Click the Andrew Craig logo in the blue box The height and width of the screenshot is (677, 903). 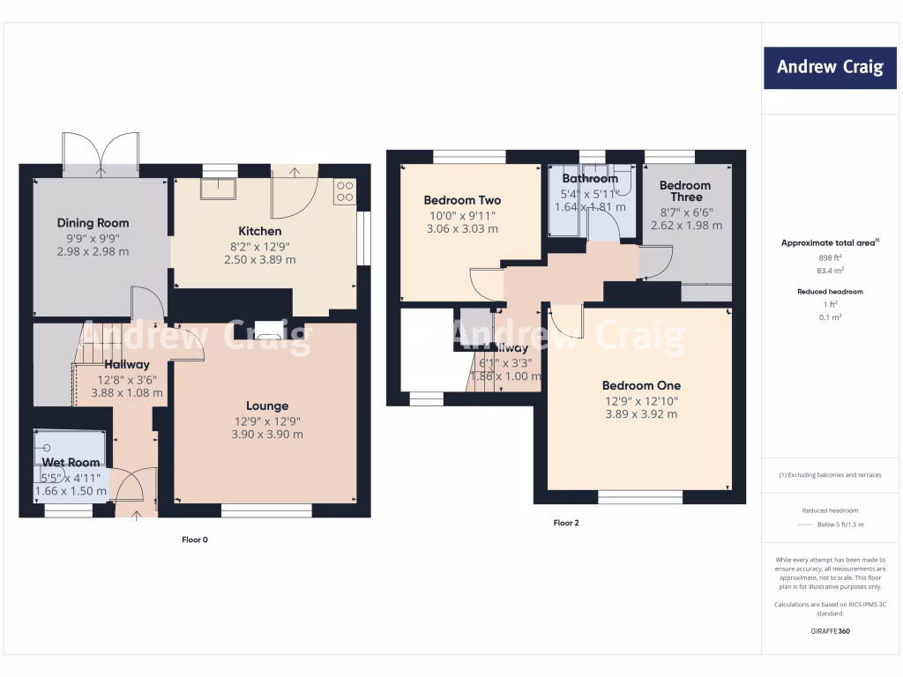[829, 68]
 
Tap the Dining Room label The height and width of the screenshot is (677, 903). [93, 223]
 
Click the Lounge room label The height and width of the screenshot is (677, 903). [266, 405]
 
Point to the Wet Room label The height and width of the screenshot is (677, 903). [71, 462]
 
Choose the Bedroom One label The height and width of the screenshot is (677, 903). [641, 385]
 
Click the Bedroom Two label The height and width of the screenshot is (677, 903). [462, 200]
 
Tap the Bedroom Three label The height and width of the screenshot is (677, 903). [685, 191]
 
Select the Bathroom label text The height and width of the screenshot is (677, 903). [590, 178]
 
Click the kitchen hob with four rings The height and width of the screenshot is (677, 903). [344, 192]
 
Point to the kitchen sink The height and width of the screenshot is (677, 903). [218, 189]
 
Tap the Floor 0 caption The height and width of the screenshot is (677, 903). [194, 539]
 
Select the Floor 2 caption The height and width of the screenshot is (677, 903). [566, 523]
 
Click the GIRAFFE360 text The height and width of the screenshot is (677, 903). [829, 631]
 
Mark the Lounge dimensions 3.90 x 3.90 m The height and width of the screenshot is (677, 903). [266, 435]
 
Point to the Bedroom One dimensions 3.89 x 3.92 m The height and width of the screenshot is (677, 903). [641, 414]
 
